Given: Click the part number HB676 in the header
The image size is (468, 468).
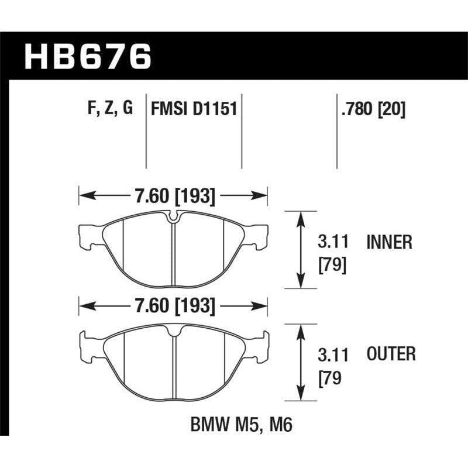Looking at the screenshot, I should [x=88, y=58].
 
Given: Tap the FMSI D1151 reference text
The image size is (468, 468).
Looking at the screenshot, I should [x=194, y=109].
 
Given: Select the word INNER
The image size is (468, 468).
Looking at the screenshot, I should [x=390, y=242].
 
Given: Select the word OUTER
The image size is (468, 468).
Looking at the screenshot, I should [x=391, y=353].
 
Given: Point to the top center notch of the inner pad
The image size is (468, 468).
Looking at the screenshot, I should [x=174, y=218].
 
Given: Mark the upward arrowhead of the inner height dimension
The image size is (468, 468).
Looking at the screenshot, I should [x=301, y=218].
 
